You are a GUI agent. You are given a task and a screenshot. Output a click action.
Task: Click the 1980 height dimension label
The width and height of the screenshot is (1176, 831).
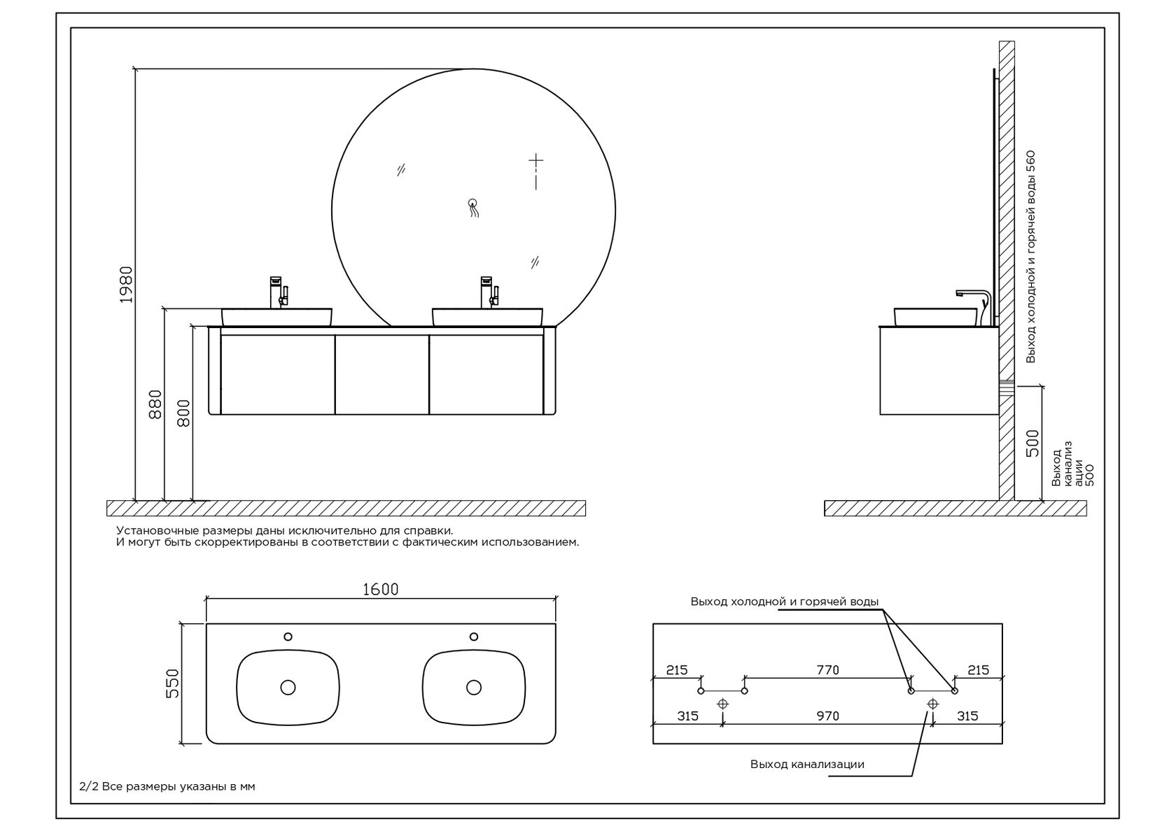[127, 284]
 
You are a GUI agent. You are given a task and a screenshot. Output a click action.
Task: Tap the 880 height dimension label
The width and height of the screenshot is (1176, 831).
[155, 404]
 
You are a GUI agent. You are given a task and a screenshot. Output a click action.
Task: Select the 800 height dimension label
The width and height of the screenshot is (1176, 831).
[183, 413]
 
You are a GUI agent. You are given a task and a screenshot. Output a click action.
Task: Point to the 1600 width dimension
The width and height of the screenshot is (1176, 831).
[381, 589]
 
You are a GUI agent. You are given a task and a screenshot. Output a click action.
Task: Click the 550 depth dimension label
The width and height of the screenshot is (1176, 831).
[172, 683]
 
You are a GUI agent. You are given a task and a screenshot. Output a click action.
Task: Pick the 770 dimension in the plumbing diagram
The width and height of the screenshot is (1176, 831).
[828, 670]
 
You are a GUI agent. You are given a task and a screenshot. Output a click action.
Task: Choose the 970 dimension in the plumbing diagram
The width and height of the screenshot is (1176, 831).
[828, 716]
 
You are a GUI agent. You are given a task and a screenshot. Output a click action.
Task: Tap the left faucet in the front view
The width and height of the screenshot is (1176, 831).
[279, 292]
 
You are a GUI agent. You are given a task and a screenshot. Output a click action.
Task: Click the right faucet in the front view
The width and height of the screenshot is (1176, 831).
[489, 292]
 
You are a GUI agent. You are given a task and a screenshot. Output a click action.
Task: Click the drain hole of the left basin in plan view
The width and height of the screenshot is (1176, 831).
[288, 687]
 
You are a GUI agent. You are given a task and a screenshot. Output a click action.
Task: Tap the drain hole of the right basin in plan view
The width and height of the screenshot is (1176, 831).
[473, 687]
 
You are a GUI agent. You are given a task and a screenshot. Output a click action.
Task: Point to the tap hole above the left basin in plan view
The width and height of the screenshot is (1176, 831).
[288, 637]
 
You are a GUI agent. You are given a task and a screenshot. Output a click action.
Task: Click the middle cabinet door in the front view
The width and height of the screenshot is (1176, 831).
[381, 375]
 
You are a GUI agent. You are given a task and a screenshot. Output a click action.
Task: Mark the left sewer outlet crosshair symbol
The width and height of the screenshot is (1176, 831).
[722, 704]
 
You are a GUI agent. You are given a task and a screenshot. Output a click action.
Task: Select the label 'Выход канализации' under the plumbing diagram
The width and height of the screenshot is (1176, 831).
[807, 765]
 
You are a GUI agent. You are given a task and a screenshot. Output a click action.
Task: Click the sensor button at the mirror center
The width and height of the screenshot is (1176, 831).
[472, 203]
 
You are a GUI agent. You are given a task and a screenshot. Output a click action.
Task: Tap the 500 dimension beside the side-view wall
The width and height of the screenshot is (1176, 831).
[1032, 443]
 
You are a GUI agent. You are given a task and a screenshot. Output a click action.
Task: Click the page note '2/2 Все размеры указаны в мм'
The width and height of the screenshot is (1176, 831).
[167, 786]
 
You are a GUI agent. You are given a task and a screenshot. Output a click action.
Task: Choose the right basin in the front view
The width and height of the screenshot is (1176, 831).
[487, 317]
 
